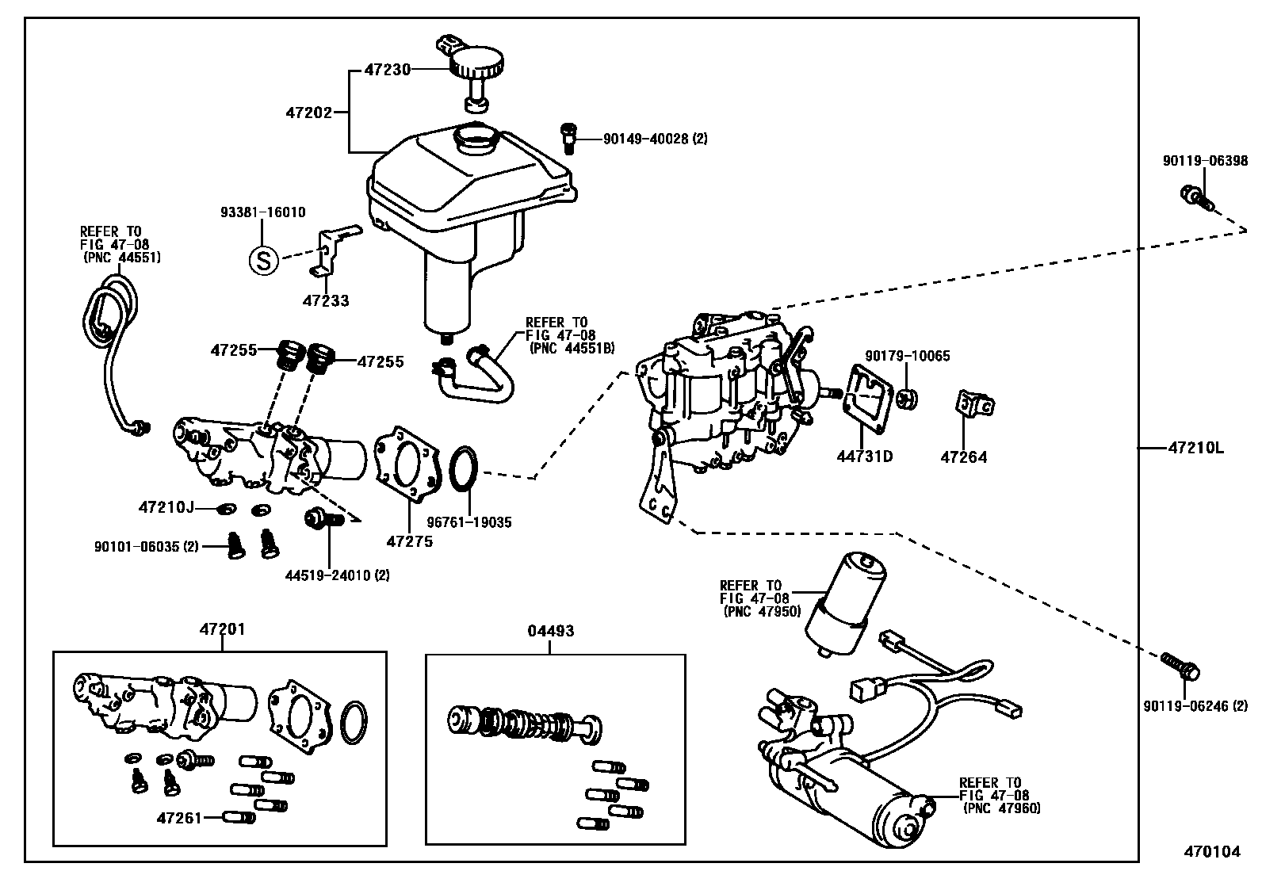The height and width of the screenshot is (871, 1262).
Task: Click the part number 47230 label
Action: [387, 70]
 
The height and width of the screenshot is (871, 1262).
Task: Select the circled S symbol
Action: [264, 259]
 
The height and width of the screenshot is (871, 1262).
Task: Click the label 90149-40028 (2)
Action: [655, 139]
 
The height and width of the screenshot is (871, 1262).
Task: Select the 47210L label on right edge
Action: [1195, 448]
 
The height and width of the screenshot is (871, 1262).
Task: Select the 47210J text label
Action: [166, 506]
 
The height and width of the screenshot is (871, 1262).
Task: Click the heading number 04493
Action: [550, 632]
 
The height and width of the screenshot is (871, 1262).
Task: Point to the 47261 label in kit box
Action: [179, 817]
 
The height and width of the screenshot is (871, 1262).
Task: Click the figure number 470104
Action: [1211, 852]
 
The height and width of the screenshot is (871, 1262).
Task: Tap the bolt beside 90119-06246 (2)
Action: [1180, 665]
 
